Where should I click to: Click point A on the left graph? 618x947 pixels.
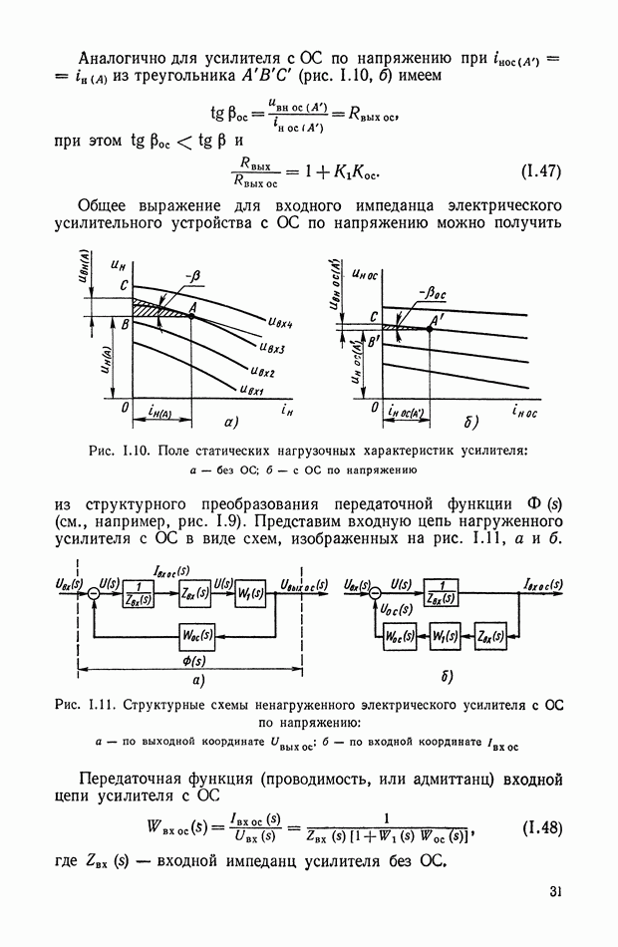[192, 308]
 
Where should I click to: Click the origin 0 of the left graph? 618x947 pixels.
[125, 410]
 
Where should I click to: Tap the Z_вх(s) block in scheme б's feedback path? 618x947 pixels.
[488, 634]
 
